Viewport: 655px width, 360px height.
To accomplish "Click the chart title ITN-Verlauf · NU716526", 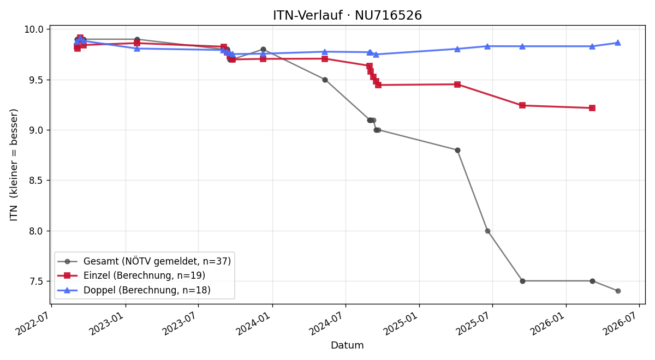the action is pyautogui.click(x=347, y=15).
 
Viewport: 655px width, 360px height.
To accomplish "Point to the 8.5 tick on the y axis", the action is pyautogui.click(x=35, y=181).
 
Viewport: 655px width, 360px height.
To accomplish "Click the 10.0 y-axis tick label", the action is pyautogui.click(x=33, y=29).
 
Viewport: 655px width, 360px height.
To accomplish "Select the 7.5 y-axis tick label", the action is pyautogui.click(x=35, y=281).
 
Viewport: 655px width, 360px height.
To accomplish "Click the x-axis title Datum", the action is pyautogui.click(x=347, y=345).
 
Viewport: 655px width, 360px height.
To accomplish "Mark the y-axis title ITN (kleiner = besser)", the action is pyautogui.click(x=14, y=165).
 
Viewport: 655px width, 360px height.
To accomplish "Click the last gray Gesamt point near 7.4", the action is pyautogui.click(x=618, y=291).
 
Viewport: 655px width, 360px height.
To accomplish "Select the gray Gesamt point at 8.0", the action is pyautogui.click(x=487, y=231).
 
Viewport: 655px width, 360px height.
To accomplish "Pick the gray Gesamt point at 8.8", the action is pyautogui.click(x=457, y=150).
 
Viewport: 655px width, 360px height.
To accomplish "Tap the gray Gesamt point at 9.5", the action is pyautogui.click(x=325, y=80).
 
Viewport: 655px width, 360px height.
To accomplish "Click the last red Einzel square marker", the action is pyautogui.click(x=592, y=108).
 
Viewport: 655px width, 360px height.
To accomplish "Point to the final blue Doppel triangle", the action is pyautogui.click(x=618, y=43).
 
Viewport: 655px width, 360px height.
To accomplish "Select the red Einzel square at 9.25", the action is pyautogui.click(x=522, y=105).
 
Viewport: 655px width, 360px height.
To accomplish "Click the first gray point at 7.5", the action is pyautogui.click(x=522, y=281).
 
